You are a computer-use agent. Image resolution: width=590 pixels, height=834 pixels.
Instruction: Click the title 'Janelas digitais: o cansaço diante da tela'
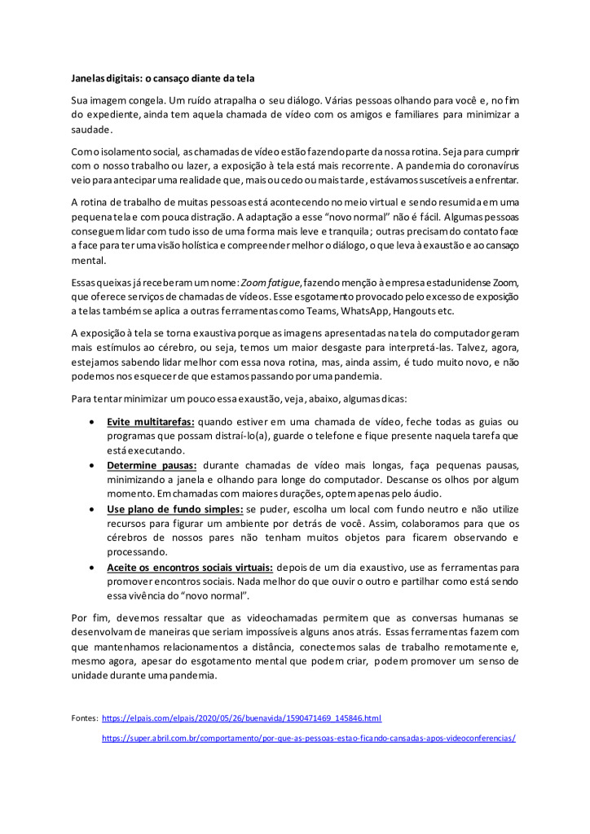click(163, 78)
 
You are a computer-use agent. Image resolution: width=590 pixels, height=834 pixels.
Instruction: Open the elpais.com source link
click(242, 718)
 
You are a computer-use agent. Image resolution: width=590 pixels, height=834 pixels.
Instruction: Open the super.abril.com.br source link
click(309, 738)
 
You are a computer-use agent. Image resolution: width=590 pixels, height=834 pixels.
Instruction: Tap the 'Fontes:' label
click(85, 718)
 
